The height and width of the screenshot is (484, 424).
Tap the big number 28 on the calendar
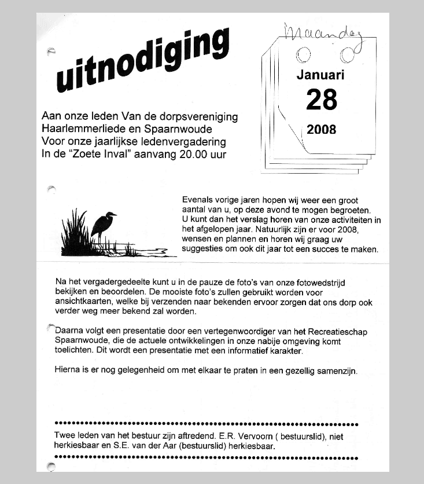tap(322, 100)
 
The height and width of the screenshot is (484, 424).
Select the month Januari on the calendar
tap(320, 75)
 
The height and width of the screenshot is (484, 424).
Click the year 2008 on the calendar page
tap(322, 129)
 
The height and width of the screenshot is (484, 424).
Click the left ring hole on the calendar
tap(302, 56)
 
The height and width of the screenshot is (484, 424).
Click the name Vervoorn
tap(236, 436)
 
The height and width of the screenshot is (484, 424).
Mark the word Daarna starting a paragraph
tap(69, 332)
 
